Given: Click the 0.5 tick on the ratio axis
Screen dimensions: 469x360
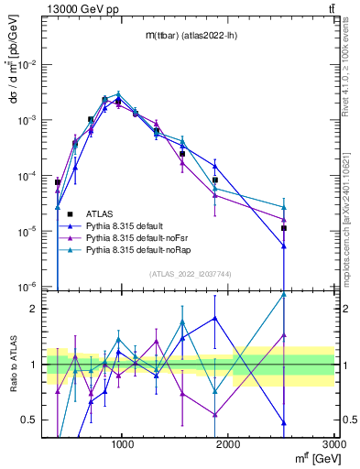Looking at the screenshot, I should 33,420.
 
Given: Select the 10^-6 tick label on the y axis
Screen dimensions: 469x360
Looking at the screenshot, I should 29,288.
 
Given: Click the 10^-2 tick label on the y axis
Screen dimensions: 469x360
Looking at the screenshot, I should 29,65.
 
